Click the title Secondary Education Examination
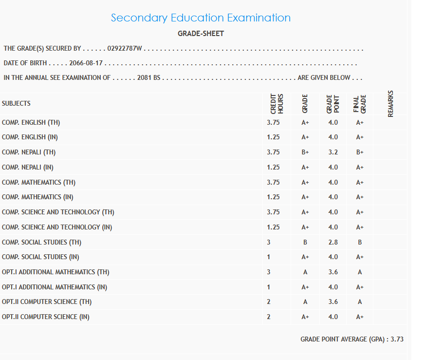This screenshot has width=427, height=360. tap(201, 18)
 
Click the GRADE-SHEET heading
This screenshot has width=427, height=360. tap(201, 34)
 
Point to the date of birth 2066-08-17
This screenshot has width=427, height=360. tap(87, 63)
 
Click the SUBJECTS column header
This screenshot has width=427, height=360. tap(16, 103)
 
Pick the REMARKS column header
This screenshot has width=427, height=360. tap(390, 104)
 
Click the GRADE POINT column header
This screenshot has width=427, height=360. tap(333, 104)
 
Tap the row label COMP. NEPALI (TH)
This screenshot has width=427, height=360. tap(29, 152)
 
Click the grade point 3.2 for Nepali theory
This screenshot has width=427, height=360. tap(333, 152)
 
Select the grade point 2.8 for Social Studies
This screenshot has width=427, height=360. tap(333, 242)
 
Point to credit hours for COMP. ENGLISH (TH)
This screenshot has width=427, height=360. tap(273, 122)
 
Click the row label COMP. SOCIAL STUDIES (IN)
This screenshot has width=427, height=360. tap(40, 257)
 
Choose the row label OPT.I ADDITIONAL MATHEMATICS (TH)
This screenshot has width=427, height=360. tap(56, 272)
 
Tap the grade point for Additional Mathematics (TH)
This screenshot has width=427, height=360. tap(333, 272)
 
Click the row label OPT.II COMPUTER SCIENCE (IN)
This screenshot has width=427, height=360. tap(46, 317)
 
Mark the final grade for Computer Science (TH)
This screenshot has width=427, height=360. tap(360, 302)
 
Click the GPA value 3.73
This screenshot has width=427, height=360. tap(397, 339)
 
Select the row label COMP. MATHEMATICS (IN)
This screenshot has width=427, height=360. tap(38, 197)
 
